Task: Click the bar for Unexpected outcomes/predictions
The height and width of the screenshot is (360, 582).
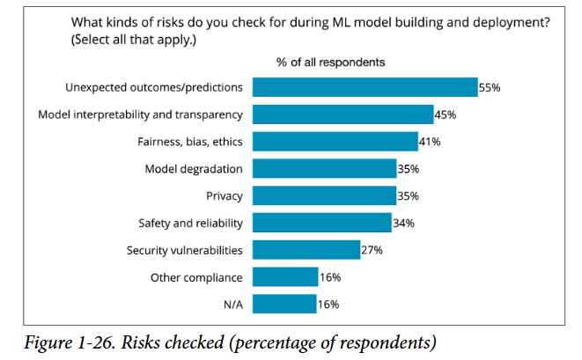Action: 365,87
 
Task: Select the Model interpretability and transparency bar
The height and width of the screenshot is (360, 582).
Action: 343,114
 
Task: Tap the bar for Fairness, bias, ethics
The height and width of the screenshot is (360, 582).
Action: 335,142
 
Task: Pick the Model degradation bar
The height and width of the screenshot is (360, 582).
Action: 324,169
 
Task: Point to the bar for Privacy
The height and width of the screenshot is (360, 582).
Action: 324,195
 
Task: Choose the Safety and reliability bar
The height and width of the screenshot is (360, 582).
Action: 321,223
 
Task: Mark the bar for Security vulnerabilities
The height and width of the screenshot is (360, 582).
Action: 306,250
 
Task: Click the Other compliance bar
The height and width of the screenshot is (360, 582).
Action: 285,277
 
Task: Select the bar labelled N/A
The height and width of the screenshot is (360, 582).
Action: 284,305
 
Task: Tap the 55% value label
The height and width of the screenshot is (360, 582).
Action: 490,87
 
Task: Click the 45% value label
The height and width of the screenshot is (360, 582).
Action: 446,114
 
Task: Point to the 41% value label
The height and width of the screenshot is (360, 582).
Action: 430,142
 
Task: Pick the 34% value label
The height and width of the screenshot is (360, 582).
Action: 403,223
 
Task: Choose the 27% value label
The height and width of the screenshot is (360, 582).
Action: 372,250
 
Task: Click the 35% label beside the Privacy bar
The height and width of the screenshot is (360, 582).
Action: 408,195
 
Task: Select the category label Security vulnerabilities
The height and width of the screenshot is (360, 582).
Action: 184,250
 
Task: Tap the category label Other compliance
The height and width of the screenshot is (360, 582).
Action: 195,277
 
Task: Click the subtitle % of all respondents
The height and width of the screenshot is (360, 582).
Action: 330,62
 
